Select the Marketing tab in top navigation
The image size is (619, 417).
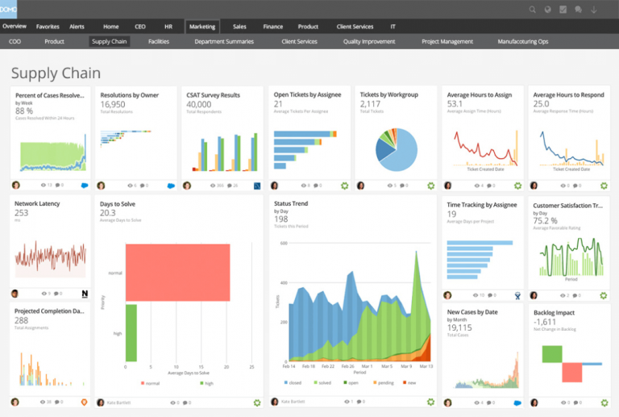click(201, 27)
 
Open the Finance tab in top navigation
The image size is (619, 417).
click(273, 27)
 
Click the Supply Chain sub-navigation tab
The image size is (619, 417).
click(110, 41)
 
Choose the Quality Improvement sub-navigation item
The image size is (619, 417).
click(369, 41)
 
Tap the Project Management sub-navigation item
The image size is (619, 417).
click(447, 41)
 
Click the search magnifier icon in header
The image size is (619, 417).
click(533, 10)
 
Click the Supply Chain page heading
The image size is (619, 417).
click(56, 73)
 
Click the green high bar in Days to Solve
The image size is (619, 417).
click(131, 332)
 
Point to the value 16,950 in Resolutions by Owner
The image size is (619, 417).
click(113, 104)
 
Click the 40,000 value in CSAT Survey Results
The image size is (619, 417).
click(199, 104)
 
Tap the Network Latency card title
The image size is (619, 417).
click(37, 204)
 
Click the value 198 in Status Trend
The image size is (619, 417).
click(280, 219)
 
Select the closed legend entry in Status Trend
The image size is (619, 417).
click(293, 382)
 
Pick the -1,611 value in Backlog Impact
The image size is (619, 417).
click(545, 321)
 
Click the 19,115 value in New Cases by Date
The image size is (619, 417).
click(459, 327)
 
